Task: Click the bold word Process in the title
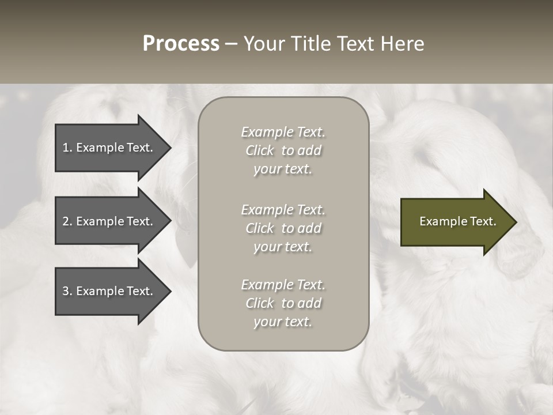(181, 44)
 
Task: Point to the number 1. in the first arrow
(67, 148)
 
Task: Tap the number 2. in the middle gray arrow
(67, 221)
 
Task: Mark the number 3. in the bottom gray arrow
(67, 291)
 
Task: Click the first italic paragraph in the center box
(283, 150)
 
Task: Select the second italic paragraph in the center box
(283, 228)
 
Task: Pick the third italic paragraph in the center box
(283, 303)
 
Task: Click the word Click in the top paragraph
(260, 150)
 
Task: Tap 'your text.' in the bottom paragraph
(283, 322)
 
